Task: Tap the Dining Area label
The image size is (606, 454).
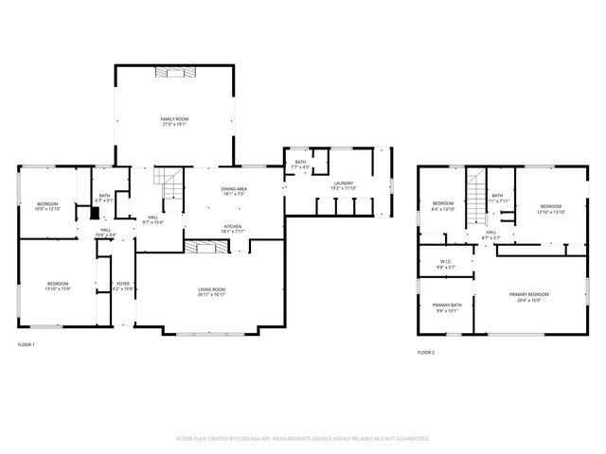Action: coord(234,190)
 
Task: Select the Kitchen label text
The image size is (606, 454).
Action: coord(233,226)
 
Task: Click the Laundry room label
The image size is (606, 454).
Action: coord(343,183)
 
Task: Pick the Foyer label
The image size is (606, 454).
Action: coord(123,284)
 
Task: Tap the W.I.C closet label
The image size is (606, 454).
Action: coord(446,260)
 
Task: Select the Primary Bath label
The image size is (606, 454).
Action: coord(447,305)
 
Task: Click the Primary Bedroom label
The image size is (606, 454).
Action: coord(529,295)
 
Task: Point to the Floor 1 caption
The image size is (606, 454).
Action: coord(27,344)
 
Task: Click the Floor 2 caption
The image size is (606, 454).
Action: coord(426,352)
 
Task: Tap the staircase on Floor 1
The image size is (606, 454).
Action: coord(168,183)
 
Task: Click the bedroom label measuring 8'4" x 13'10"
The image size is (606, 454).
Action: coord(443,204)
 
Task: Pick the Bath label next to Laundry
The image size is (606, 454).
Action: coord(300,162)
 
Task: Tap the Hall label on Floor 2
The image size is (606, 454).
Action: coord(491,232)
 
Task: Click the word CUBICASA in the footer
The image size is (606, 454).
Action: coord(261,439)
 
